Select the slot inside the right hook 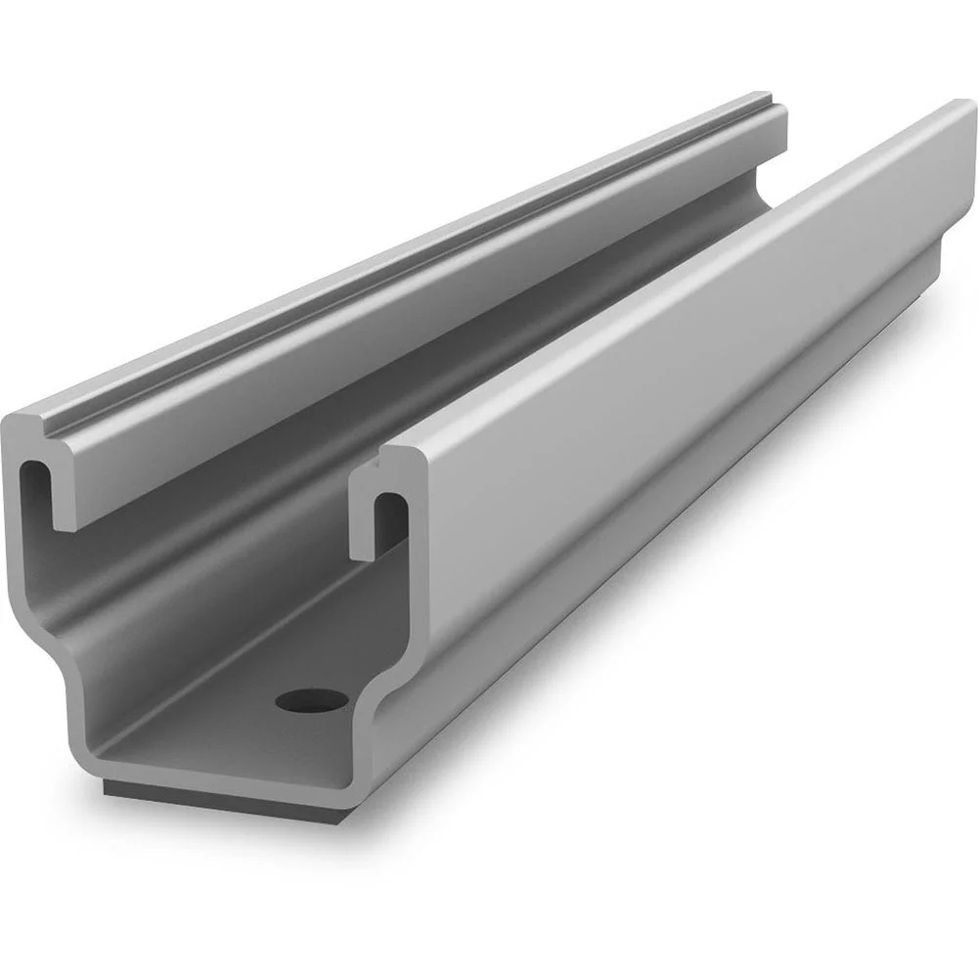tap(389, 518)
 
